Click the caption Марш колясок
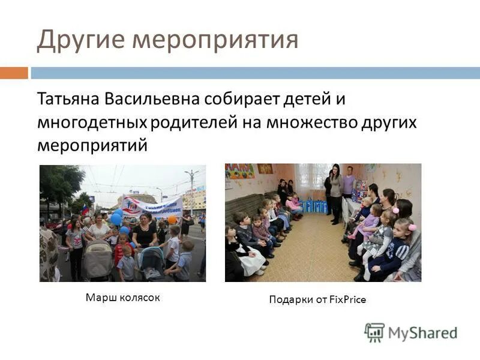click(x=122, y=297)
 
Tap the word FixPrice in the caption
click(x=348, y=299)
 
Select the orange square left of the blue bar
click(x=14, y=73)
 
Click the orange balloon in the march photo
click(x=172, y=220)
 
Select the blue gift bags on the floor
click(x=314, y=206)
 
